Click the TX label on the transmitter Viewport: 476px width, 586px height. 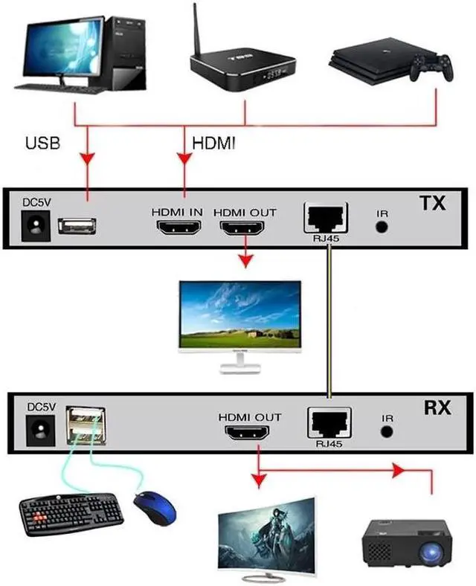click(431, 203)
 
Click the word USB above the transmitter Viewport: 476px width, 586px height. click(42, 143)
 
